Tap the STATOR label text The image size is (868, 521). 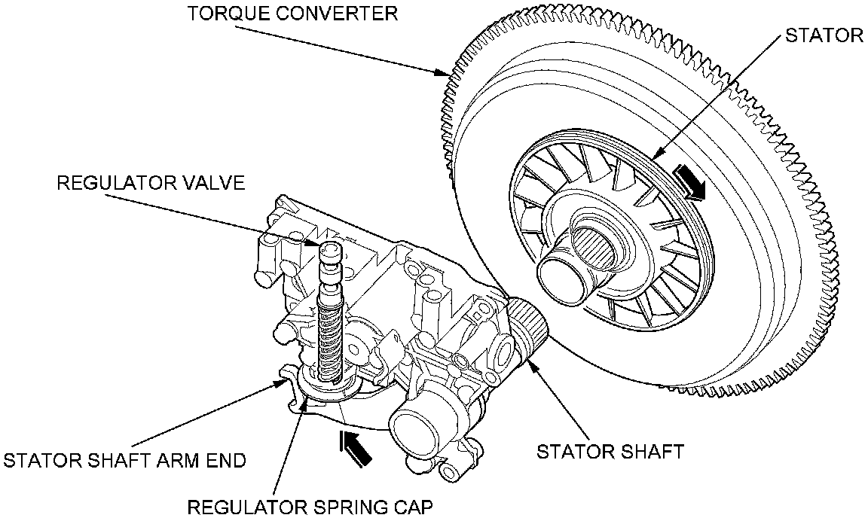coord(823,35)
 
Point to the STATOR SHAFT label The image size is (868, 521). coord(610,451)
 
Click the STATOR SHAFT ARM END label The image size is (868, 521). coord(125,460)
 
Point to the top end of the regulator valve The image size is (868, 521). coord(329,251)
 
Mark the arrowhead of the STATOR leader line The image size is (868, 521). coord(654,156)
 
